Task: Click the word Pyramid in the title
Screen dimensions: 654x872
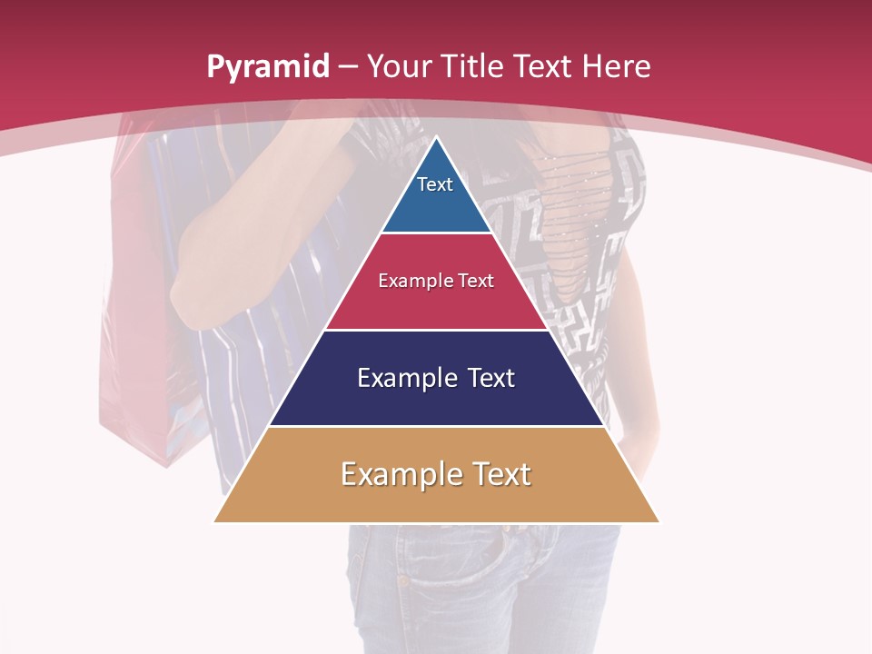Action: pyautogui.click(x=267, y=67)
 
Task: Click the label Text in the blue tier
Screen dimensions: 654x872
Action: pyautogui.click(x=435, y=184)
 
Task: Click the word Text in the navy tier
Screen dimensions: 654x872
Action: pyautogui.click(x=490, y=378)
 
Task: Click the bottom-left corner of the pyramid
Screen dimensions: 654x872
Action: pyautogui.click(x=215, y=521)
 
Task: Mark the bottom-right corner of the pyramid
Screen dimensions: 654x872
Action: pyautogui.click(x=659, y=521)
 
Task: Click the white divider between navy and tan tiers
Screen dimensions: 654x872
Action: pyautogui.click(x=436, y=426)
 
